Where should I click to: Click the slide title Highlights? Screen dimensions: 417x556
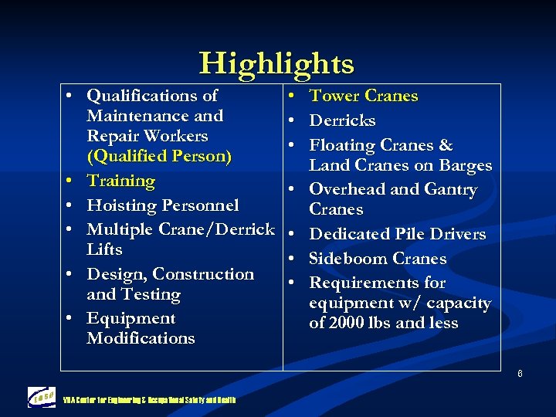click(276, 63)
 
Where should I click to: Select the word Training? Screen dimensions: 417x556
click(120, 181)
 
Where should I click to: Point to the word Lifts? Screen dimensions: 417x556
click(104, 249)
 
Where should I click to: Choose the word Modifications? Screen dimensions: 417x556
click(141, 338)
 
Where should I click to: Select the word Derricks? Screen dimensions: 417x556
click(342, 121)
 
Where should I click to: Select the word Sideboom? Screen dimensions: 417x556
click(346, 259)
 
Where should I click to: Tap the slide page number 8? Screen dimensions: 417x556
click(520, 375)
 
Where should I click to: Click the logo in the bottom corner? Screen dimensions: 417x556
click(42, 397)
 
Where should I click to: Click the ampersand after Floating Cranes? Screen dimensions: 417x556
click(445, 146)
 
